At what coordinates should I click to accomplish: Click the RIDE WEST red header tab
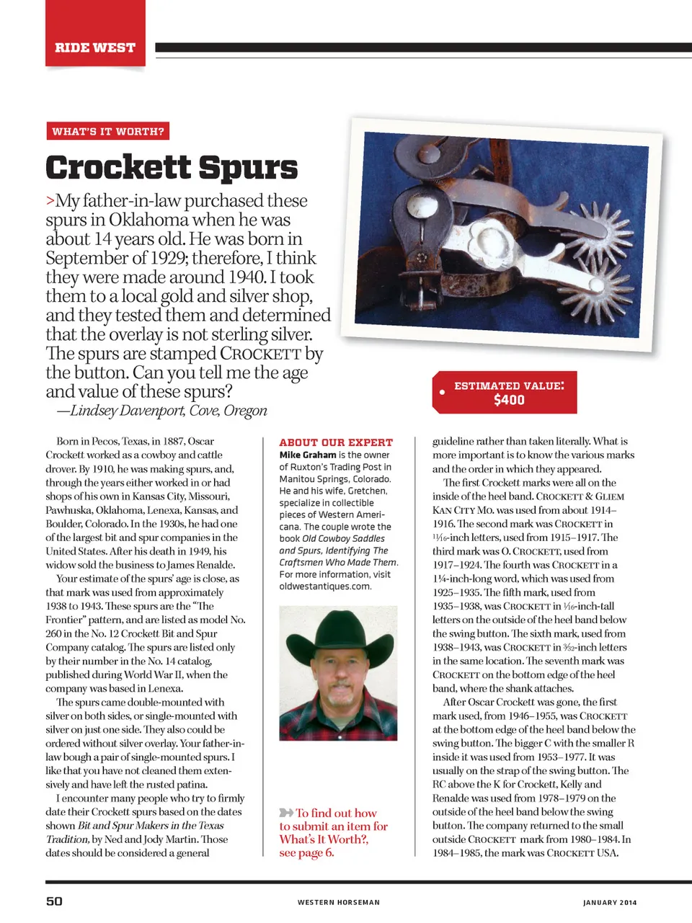coord(95,48)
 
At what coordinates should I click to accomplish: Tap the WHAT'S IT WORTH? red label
coord(108,131)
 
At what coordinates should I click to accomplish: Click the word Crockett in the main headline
coord(118,167)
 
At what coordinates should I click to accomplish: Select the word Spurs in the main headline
coord(248,167)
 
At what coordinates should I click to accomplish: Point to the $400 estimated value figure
coord(509,400)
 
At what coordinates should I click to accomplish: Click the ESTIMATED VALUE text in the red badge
coord(508,385)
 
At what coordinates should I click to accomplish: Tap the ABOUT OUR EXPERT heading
coord(336,442)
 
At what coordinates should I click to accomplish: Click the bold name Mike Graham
coord(308,455)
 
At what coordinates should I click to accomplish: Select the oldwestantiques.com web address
coord(325,586)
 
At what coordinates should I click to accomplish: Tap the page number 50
coord(54,901)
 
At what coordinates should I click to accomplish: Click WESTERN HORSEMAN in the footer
coord(339,902)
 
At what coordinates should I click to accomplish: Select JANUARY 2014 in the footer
coord(610,902)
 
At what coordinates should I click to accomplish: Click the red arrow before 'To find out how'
coord(286,813)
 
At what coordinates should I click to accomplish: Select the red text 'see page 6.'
coord(306,852)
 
